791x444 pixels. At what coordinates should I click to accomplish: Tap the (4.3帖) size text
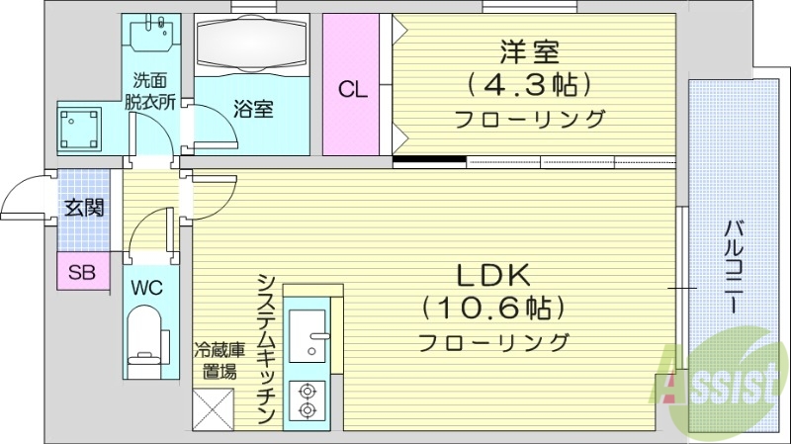[528, 84]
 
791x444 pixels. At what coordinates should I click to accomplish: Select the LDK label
[494, 275]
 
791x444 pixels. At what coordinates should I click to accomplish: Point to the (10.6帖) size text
[494, 309]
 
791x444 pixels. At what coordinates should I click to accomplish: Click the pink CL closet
[352, 88]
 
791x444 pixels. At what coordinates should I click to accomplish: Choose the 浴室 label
[253, 109]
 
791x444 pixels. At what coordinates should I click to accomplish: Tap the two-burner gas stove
[307, 400]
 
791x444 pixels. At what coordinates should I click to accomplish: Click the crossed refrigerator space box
[214, 407]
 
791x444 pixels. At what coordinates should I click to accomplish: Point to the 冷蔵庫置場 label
[215, 361]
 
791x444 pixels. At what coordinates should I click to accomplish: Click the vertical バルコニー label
[734, 267]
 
